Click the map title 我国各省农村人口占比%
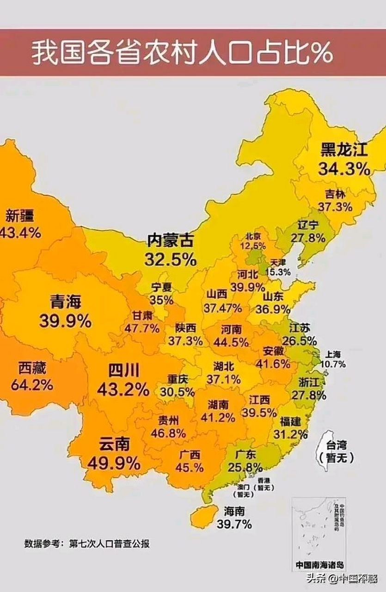182,53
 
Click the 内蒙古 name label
170,241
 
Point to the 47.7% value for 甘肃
142,328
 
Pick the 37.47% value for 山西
223,308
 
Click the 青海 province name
65,302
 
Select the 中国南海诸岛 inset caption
320,565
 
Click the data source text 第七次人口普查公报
110,543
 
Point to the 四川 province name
123,371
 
